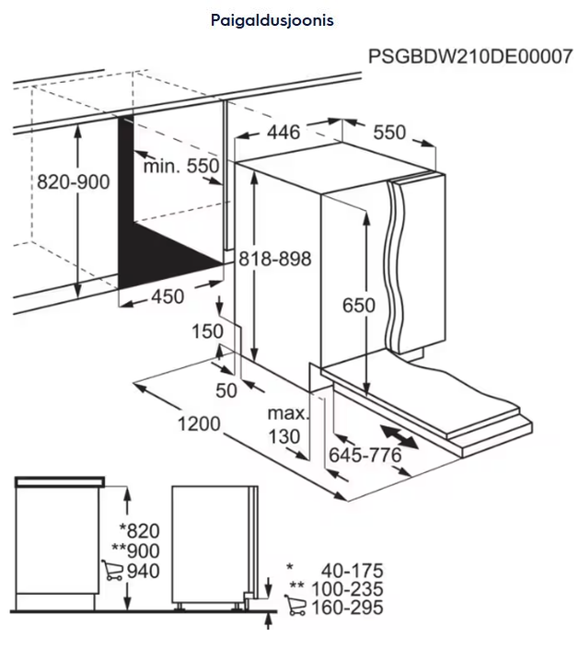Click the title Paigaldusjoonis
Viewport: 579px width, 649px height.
tap(272, 20)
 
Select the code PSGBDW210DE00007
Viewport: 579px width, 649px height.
tap(470, 56)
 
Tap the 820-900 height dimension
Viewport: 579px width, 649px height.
tap(74, 181)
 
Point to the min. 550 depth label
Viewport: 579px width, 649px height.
tap(180, 166)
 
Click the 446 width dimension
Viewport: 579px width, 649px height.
tap(284, 133)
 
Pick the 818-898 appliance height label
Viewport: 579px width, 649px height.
tap(275, 259)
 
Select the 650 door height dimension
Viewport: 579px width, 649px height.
tap(359, 306)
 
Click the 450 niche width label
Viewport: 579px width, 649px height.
tap(168, 296)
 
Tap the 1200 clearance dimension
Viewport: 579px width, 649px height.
tap(199, 423)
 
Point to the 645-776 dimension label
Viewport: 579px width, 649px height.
tap(365, 456)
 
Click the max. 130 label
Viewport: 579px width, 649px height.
tap(288, 424)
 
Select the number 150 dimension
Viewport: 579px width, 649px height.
tap(207, 331)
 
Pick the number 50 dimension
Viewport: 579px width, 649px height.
tap(226, 390)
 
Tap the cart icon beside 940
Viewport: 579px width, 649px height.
tap(112, 571)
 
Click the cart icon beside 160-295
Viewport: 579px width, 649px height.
tap(295, 605)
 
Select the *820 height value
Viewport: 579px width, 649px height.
tap(140, 531)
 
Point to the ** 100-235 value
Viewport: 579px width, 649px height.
tap(337, 589)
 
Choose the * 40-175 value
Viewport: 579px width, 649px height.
tap(335, 571)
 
